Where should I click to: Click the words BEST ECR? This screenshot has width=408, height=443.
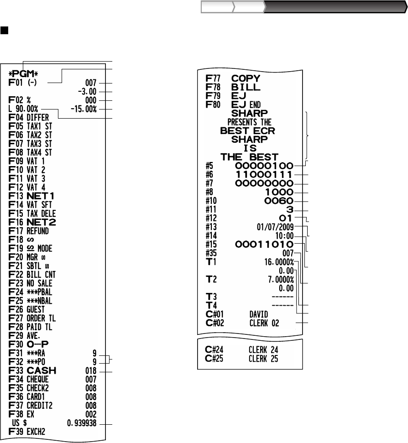pyautogui.click(x=248, y=130)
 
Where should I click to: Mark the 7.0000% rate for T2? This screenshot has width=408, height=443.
pyautogui.click(x=279, y=279)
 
